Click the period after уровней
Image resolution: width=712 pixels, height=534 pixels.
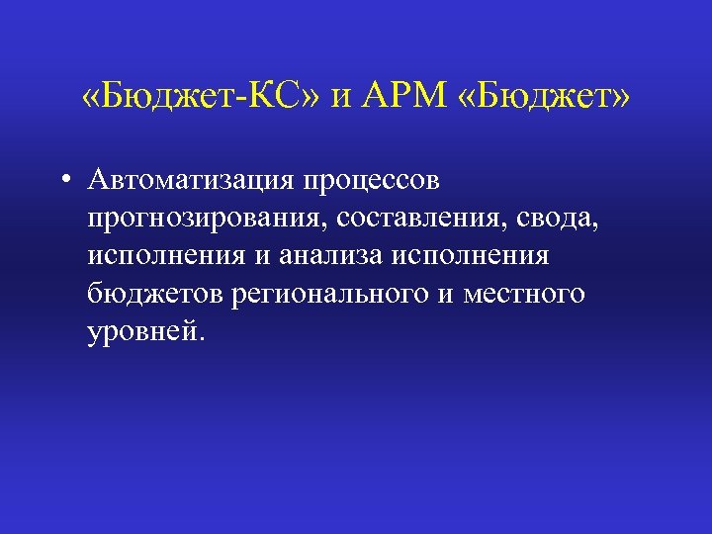coord(202,337)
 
